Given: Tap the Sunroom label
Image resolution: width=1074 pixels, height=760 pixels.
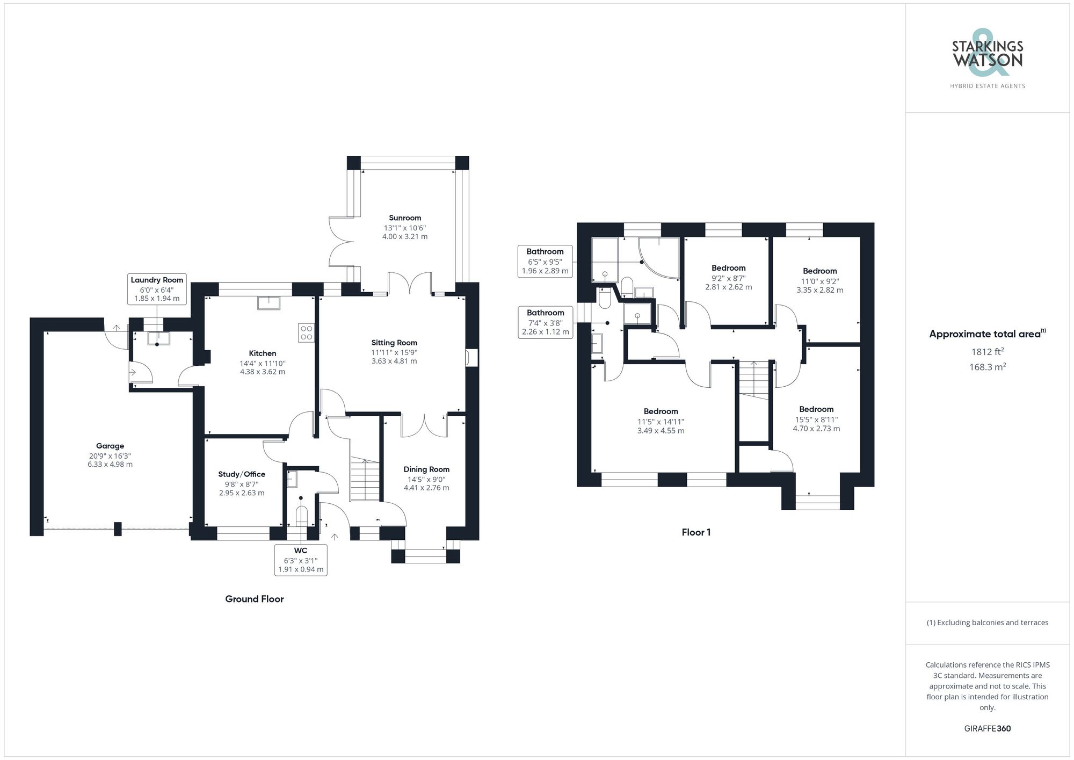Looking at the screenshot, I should pyautogui.click(x=405, y=218).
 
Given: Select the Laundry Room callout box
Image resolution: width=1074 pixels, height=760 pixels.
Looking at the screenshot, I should pyautogui.click(x=157, y=289).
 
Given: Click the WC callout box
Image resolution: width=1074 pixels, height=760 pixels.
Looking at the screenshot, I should pyautogui.click(x=301, y=560).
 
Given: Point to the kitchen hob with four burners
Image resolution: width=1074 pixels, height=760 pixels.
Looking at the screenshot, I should pyautogui.click(x=306, y=332).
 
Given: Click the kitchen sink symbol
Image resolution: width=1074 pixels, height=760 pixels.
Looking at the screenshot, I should pyautogui.click(x=268, y=303).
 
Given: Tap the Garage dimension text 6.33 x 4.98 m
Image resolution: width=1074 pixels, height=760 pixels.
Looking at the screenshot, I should pyautogui.click(x=110, y=465).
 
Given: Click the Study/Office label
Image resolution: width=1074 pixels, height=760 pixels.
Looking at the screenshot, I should pyautogui.click(x=242, y=474).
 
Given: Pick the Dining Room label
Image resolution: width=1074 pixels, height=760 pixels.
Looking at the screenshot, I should pyautogui.click(x=426, y=469).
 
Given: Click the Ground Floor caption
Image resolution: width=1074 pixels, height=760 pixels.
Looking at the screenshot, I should pyautogui.click(x=254, y=599).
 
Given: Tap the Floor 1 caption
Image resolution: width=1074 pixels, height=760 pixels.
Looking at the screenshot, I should pyautogui.click(x=696, y=532).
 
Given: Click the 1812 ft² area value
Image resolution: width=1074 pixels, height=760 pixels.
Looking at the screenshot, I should pyautogui.click(x=987, y=352).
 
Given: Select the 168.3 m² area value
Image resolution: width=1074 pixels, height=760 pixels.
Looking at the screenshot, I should pyautogui.click(x=987, y=367).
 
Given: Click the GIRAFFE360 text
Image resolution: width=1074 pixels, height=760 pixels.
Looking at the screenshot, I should pyautogui.click(x=987, y=728).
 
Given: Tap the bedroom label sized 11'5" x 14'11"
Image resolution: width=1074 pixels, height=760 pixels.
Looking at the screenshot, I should pyautogui.click(x=661, y=411).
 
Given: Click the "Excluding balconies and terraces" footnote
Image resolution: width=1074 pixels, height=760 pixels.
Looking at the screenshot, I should pyautogui.click(x=987, y=623).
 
